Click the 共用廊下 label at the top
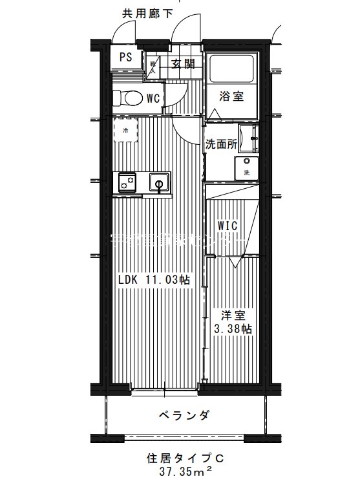coord(147,14)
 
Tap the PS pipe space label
coord(125,57)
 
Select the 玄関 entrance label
coord(183,63)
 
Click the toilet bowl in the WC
coord(127,98)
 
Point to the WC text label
coord(153,99)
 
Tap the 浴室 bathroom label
coord(231,97)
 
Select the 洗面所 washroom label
coord(220,144)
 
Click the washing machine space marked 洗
coord(246,167)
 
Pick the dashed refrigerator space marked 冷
coord(125,130)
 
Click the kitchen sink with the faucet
coord(158,183)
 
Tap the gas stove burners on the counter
coord(125,183)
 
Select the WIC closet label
coord(227,226)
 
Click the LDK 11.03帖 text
coord(153,280)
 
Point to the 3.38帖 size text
coord(233,329)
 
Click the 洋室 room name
coord(233,316)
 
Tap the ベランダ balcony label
coord(185,414)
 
